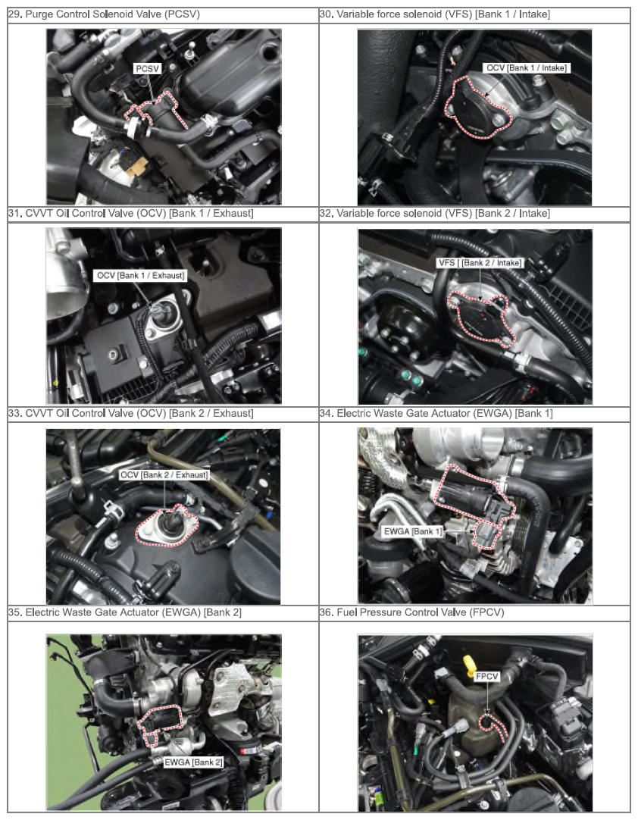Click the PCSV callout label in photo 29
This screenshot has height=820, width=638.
coord(148,69)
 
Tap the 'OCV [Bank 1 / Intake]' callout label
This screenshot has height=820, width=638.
coord(526,68)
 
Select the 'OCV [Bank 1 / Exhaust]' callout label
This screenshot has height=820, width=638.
coord(140,276)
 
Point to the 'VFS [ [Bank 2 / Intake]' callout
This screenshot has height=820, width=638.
coord(480,262)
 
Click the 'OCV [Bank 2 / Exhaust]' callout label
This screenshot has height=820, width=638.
coord(164,475)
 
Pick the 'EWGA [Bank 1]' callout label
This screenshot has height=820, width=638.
coord(413,532)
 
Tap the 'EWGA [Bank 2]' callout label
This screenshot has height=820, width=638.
coord(193,762)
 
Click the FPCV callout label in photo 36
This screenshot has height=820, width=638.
coord(487,677)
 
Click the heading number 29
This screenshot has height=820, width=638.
coord(15,14)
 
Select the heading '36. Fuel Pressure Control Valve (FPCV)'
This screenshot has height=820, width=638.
coord(411,612)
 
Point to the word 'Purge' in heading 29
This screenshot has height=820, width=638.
coord(39,14)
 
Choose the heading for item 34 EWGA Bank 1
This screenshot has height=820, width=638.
coord(436,413)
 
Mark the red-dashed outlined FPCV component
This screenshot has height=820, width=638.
coord(492,726)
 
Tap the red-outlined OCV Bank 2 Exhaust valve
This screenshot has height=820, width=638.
coord(167,526)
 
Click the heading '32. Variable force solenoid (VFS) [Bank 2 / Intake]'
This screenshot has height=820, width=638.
coord(435,214)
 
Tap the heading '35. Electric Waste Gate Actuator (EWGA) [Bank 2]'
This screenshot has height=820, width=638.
coord(125,612)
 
